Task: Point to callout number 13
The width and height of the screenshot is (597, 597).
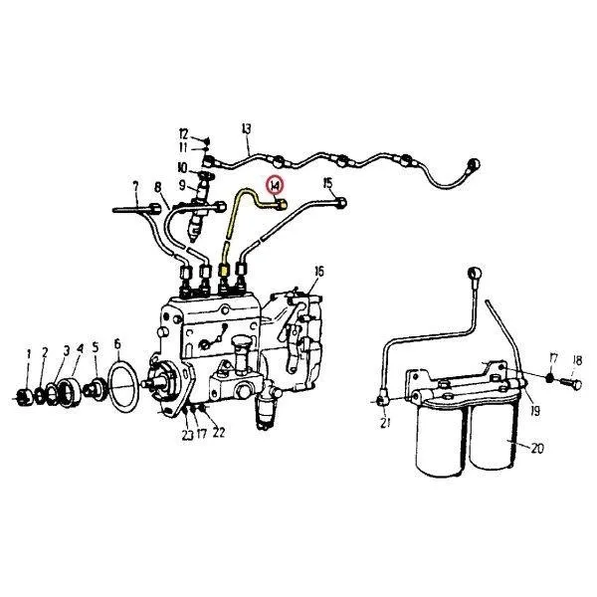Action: click(247, 127)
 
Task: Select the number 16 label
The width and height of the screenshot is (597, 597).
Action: click(318, 271)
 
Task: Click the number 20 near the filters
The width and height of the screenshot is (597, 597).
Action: click(537, 448)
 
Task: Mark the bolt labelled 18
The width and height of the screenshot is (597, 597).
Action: click(570, 379)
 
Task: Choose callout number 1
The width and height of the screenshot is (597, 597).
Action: click(29, 352)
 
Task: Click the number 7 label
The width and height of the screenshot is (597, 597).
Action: click(135, 185)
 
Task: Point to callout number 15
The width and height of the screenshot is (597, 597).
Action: click(327, 183)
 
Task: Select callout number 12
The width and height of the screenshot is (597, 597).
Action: click(184, 133)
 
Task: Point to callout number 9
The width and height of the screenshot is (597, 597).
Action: click(183, 185)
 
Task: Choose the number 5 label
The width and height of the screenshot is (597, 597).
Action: click(96, 347)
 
